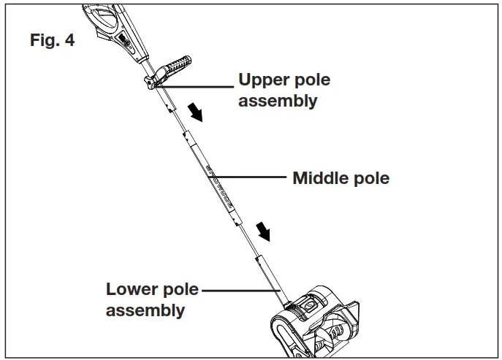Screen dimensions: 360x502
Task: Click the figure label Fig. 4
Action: coord(52,40)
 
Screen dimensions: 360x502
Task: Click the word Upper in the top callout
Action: coord(264,80)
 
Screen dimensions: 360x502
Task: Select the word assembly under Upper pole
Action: coord(278,101)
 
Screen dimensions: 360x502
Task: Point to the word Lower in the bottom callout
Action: coord(131,289)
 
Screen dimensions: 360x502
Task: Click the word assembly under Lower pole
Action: coord(145,310)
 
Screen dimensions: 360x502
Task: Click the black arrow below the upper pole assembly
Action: coord(196,112)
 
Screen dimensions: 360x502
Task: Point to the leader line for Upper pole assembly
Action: coord(197,87)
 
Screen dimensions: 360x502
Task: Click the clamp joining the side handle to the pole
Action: coord(154,81)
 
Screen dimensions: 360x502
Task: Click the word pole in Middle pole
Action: coord(372,178)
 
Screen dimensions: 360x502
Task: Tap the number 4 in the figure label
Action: coord(69,40)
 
